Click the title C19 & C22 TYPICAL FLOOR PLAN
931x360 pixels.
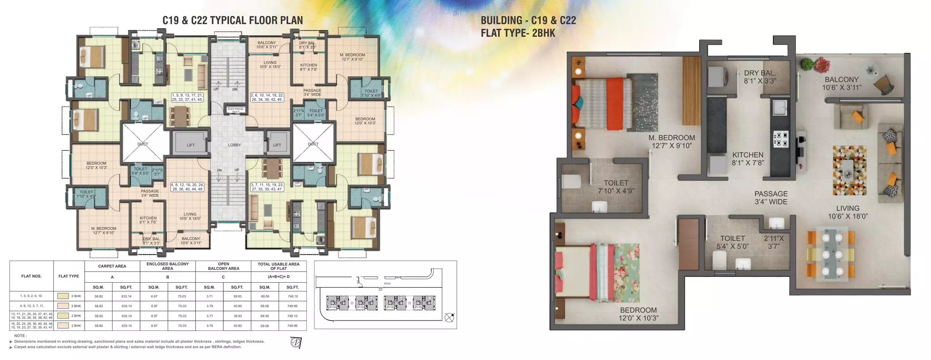232,20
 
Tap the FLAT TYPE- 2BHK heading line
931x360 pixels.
518,33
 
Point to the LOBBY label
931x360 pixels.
235,145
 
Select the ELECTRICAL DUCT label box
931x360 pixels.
236,110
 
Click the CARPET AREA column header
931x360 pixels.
112,266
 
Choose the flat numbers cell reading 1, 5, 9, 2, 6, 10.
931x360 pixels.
31,296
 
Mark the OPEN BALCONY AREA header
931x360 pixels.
223,266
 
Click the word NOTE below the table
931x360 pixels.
20,335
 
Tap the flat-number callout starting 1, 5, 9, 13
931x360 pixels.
187,97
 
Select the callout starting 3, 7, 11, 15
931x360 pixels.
267,187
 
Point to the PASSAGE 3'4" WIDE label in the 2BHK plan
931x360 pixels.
771,198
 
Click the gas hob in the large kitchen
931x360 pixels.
781,139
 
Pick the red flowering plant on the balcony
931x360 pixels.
821,65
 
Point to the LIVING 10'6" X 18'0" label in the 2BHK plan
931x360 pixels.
848,212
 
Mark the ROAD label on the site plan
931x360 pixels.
387,284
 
